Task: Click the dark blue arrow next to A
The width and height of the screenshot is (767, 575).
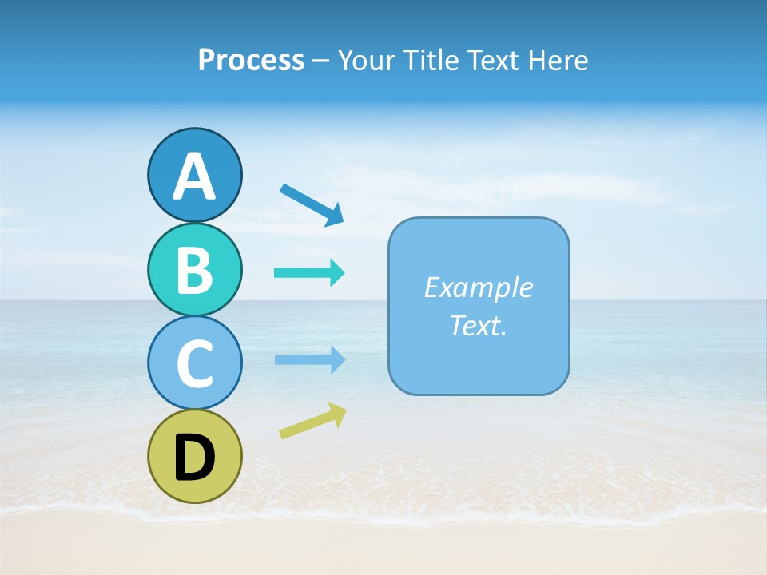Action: click(x=311, y=204)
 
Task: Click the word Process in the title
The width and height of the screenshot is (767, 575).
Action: click(x=251, y=60)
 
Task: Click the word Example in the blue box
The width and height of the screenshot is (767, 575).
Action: click(x=478, y=287)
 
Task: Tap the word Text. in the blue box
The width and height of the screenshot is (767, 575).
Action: click(x=478, y=325)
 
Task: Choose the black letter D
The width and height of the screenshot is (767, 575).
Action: click(x=194, y=458)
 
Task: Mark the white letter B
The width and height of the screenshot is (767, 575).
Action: click(x=194, y=270)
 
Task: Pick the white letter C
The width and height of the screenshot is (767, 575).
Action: click(x=194, y=364)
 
